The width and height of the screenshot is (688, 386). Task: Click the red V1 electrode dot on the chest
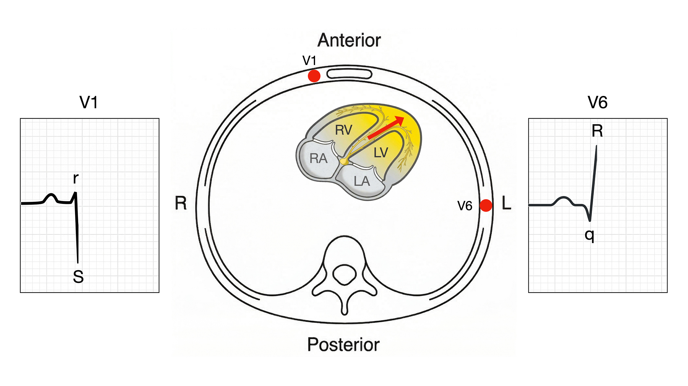click(314, 76)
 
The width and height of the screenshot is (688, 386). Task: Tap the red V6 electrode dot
click(486, 205)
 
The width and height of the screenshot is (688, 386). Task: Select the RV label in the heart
click(343, 130)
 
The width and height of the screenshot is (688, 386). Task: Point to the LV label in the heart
click(381, 153)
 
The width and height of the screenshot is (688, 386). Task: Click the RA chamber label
click(318, 158)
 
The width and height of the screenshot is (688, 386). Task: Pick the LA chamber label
click(362, 181)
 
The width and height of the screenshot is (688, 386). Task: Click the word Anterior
click(349, 40)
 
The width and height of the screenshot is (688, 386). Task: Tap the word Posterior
click(343, 344)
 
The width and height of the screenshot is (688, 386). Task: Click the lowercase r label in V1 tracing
click(76, 178)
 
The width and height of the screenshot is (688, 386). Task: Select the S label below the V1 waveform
click(78, 277)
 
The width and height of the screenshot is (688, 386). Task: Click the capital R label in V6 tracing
click(597, 131)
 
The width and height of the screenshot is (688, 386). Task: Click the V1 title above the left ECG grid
click(89, 102)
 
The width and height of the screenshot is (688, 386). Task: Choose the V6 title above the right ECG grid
click(597, 102)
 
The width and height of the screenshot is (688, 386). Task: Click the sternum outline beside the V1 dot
click(349, 74)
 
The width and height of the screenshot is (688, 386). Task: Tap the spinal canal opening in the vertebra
click(344, 274)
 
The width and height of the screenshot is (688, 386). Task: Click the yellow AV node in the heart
click(344, 162)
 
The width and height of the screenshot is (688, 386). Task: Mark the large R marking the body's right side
click(181, 203)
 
